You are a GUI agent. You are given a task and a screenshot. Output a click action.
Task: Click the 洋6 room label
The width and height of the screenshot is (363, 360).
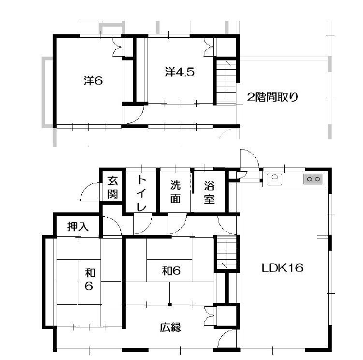point(93,81)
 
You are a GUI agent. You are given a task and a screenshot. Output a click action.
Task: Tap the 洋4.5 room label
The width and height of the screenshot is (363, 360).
point(180,72)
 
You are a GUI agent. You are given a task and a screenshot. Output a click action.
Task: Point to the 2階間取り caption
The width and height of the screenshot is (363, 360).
point(273,97)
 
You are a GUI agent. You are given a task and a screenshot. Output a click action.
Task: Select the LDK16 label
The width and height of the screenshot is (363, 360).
point(282,268)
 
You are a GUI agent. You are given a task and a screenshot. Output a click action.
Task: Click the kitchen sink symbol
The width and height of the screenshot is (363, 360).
point(275,179)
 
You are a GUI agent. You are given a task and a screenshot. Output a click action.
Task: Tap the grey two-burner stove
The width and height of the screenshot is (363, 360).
point(313,179)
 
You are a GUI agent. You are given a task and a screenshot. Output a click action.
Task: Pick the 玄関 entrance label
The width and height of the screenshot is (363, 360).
point(113,187)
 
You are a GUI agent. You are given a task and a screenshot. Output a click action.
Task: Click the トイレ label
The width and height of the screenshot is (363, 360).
point(141,193)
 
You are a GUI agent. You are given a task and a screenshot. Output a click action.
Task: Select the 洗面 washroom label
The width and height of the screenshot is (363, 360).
point(175,192)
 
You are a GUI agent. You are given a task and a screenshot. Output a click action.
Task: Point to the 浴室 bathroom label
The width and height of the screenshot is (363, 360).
point(209,193)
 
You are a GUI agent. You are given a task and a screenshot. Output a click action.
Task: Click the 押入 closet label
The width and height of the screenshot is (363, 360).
point(78,226)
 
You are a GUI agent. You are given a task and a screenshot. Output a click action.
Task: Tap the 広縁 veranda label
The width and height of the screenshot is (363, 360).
point(171,327)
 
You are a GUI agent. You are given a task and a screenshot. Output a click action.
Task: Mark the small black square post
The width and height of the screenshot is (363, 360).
point(170,304)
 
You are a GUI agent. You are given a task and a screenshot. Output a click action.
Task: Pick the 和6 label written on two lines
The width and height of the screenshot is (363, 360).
point(89,279)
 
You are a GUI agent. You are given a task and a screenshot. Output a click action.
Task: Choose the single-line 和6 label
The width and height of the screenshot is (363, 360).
point(171,270)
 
